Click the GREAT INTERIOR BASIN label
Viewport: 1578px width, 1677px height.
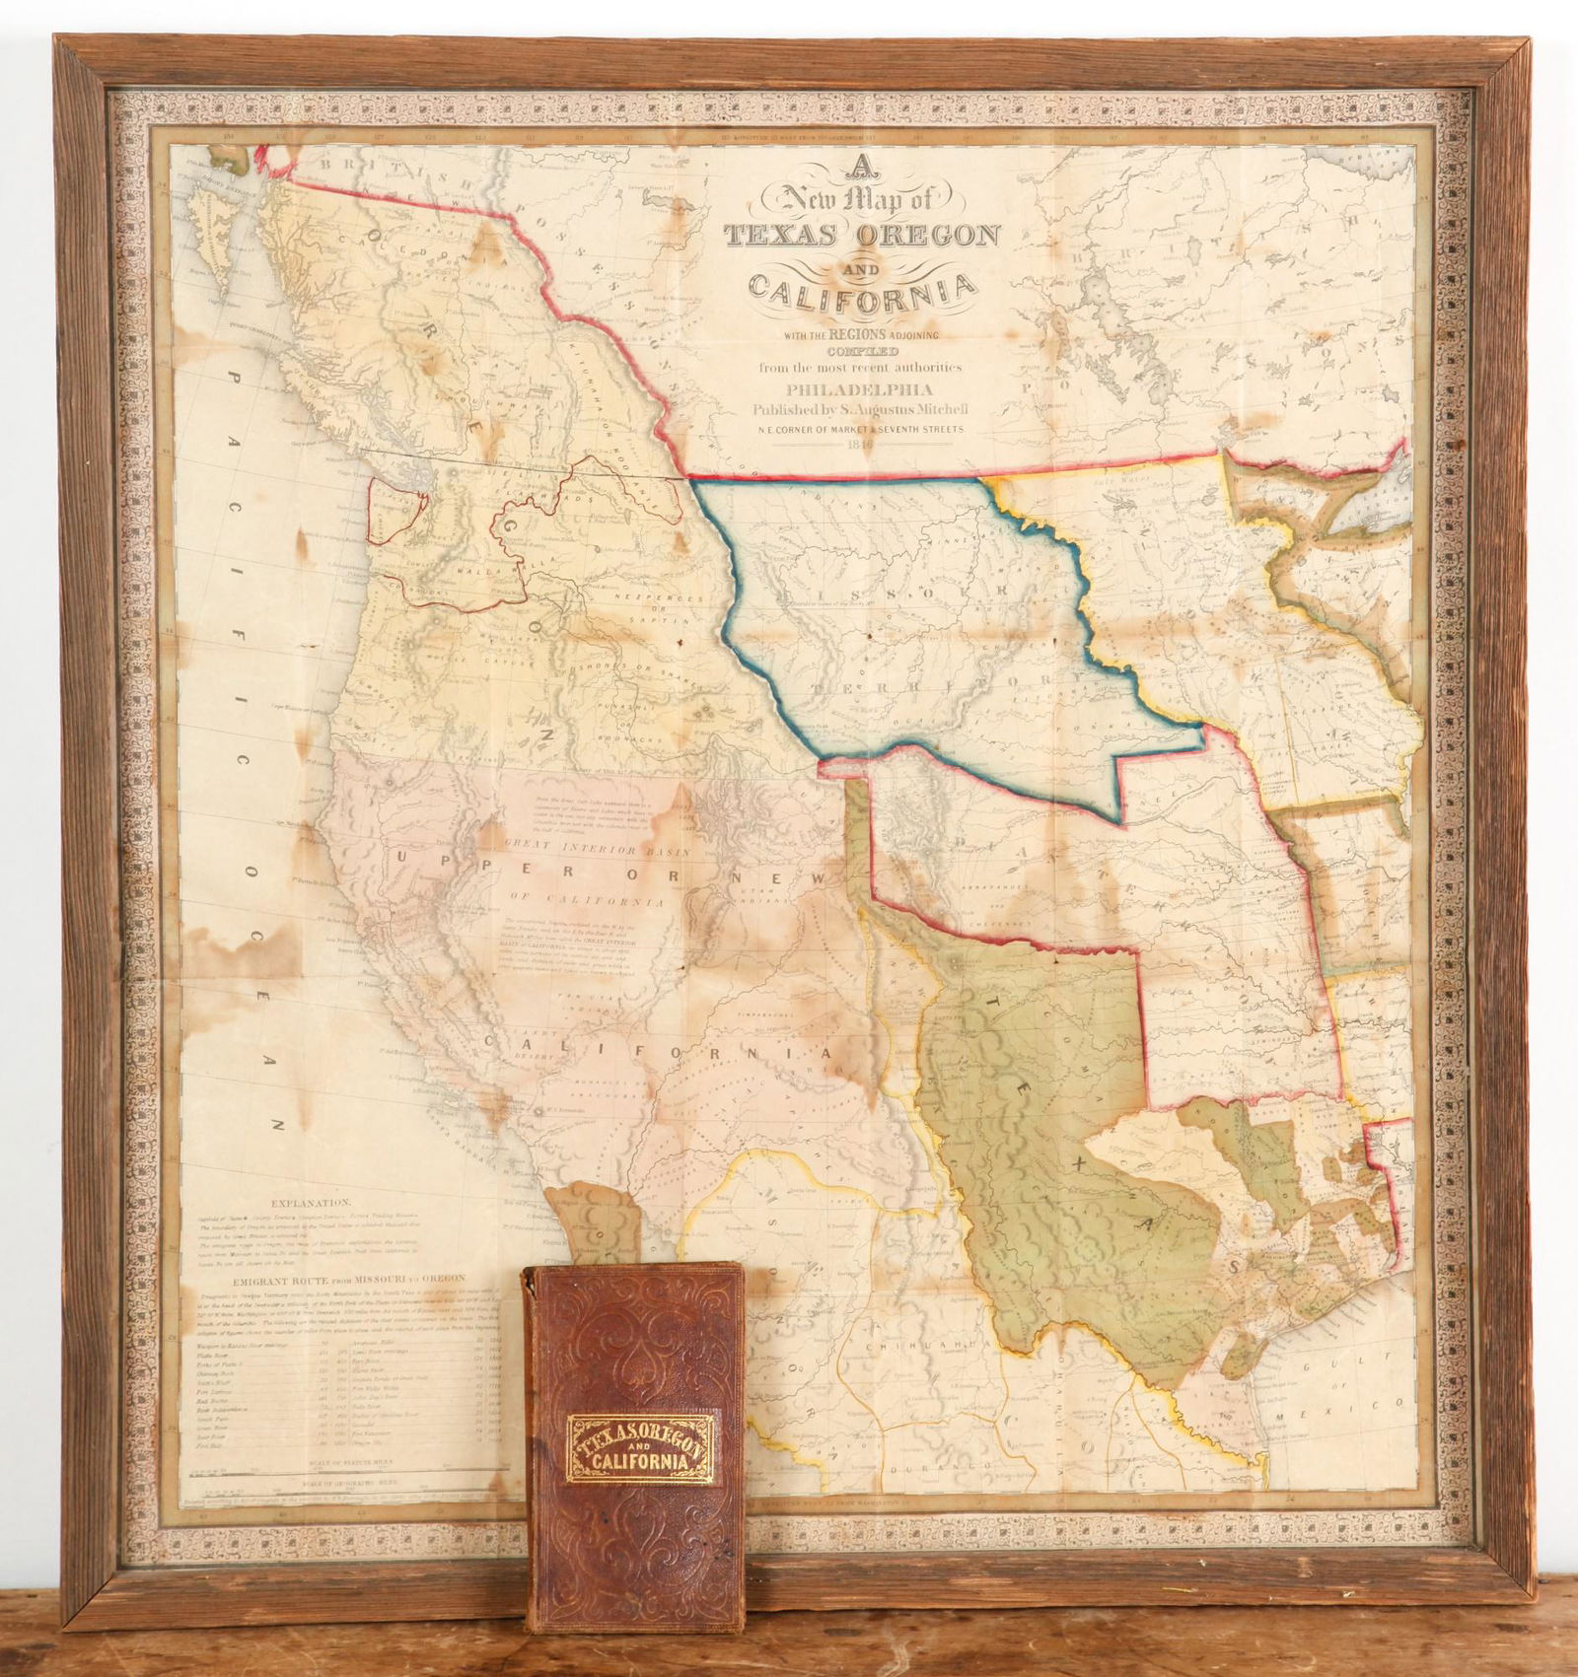[584, 847]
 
